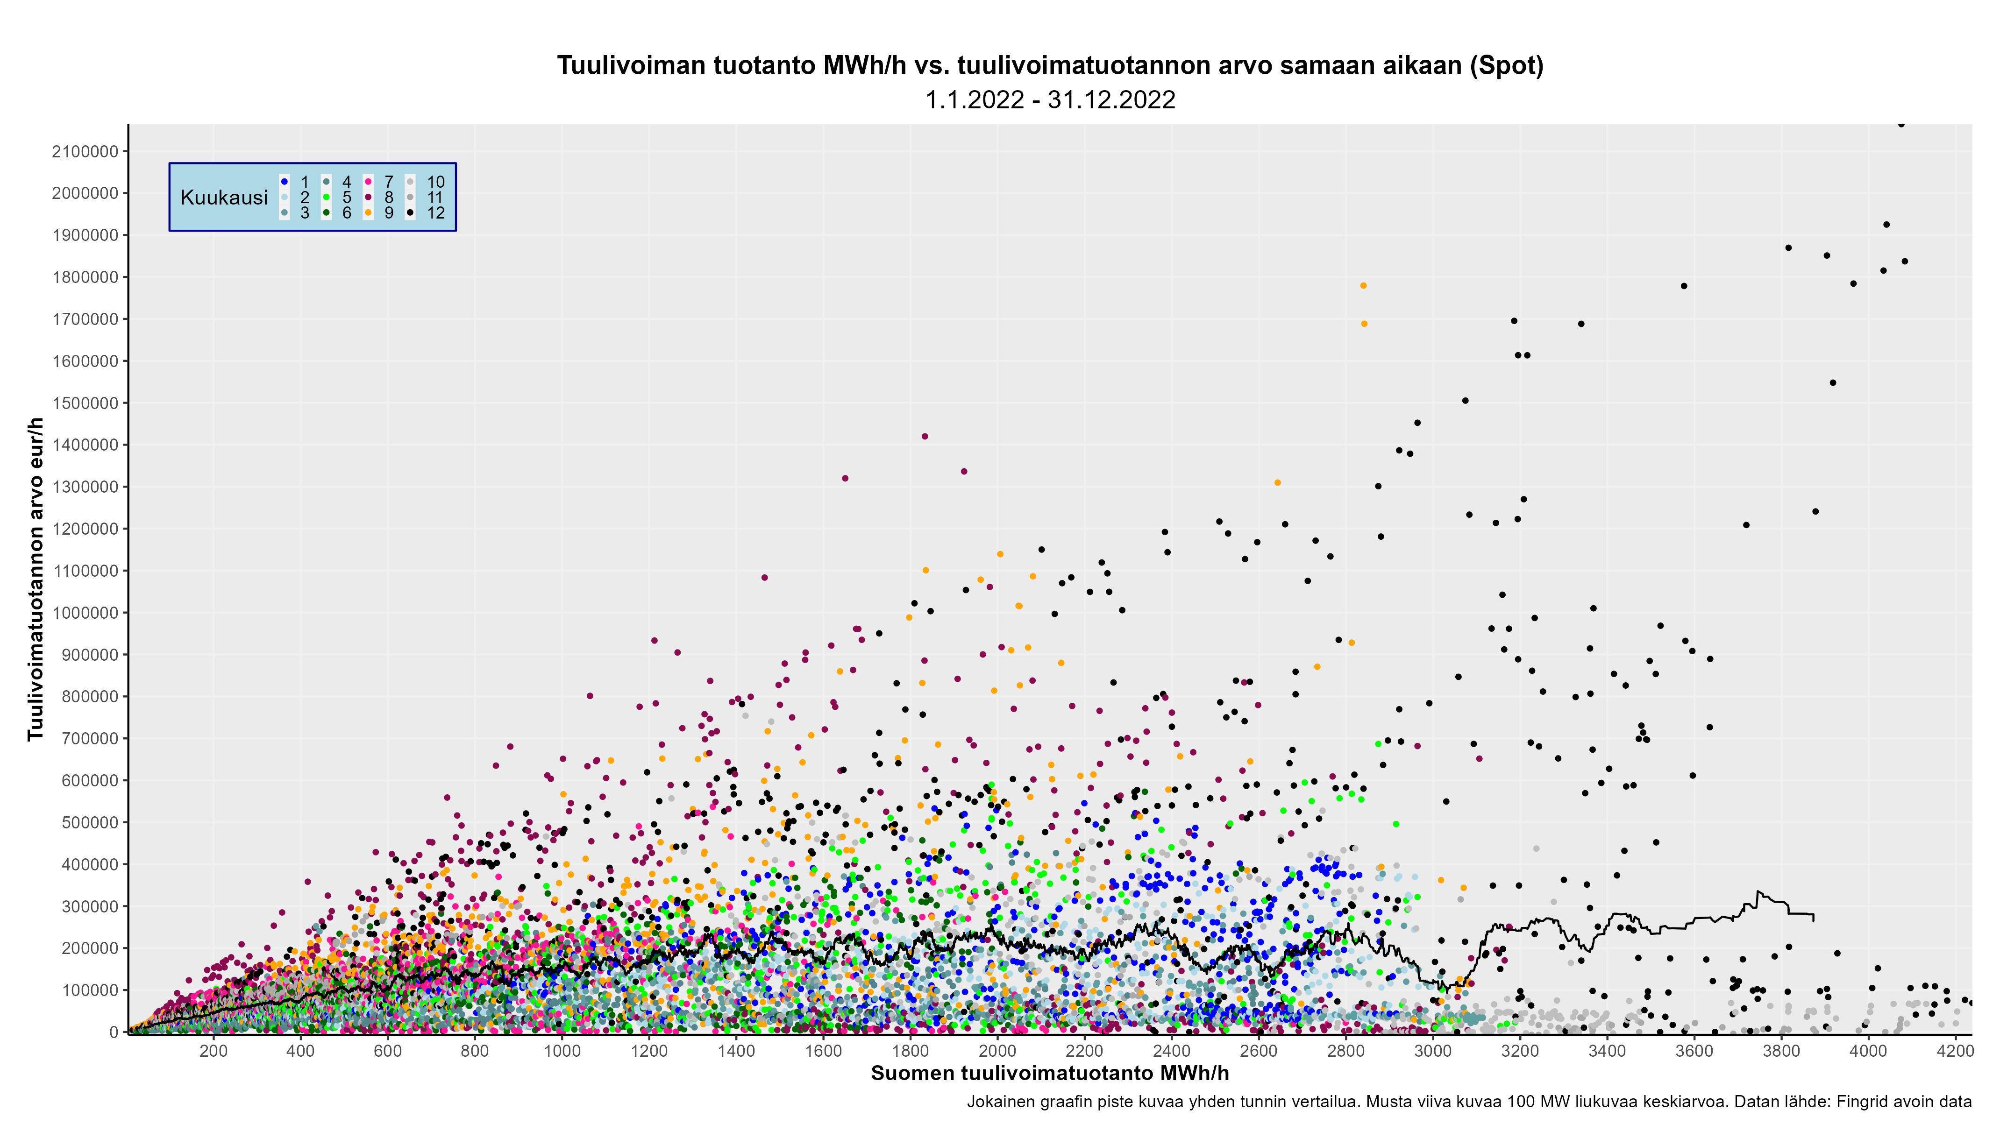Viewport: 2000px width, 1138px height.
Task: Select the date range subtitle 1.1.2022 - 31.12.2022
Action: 1050,100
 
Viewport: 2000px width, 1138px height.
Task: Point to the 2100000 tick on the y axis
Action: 85,152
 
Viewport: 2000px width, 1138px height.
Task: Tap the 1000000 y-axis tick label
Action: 85,613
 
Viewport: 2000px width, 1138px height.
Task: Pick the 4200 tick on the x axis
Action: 1955,1051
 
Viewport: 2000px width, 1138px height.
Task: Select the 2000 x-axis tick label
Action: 997,1051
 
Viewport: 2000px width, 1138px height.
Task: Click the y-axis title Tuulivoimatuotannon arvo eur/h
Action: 35,579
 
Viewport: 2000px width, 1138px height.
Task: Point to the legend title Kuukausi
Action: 224,198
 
